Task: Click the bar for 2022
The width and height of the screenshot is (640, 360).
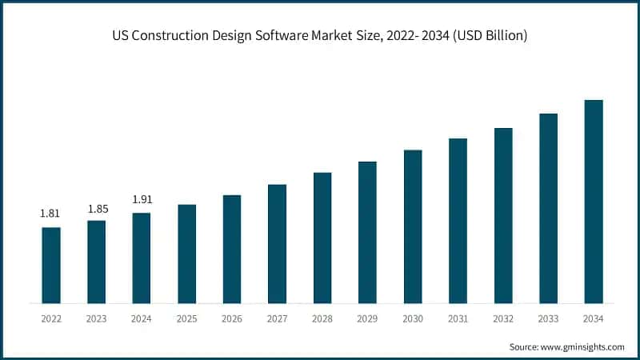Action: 51,265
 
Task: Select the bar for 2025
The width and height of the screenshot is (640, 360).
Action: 186,254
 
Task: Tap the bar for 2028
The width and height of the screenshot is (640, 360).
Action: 322,238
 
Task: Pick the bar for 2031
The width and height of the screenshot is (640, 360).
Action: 458,221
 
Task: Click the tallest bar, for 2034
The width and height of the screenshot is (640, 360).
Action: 594,202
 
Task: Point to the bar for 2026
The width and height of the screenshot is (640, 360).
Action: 232,249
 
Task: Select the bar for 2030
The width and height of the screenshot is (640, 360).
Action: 413,226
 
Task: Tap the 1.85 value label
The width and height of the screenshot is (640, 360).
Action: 96,208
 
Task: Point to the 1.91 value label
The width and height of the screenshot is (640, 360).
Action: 142,199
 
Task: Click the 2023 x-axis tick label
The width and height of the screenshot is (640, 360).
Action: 96,318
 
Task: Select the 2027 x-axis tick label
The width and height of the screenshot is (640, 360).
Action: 277,318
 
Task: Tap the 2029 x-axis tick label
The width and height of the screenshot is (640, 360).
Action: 367,318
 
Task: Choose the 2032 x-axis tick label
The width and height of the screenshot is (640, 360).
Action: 503,318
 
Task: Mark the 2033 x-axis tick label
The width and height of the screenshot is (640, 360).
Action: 548,318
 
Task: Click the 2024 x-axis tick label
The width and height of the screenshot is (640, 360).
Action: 142,318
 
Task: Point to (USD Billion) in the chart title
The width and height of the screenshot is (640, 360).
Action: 486,37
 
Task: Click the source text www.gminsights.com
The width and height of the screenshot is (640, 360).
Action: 582,346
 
